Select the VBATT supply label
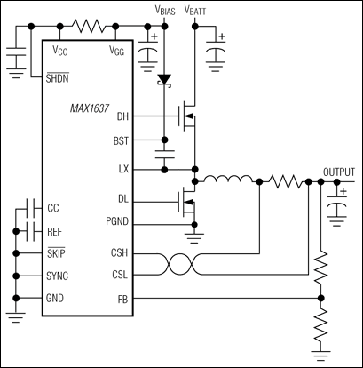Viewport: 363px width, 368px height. [198, 9]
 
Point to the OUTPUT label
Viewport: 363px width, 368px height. [338, 172]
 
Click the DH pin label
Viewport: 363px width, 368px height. [122, 116]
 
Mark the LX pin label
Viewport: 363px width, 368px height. [123, 167]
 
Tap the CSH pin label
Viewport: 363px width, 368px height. [120, 252]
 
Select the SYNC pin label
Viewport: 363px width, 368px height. [58, 276]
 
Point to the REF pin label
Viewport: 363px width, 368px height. [55, 229]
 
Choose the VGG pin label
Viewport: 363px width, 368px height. [116, 51]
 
